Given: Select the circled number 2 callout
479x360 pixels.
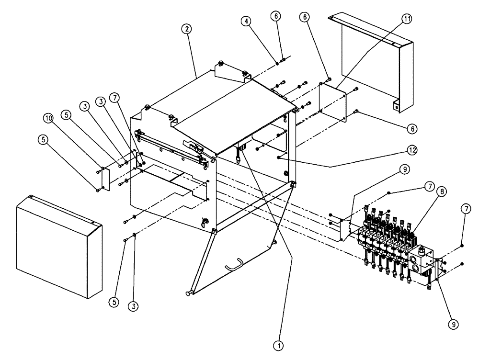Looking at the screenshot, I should click(x=187, y=29).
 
